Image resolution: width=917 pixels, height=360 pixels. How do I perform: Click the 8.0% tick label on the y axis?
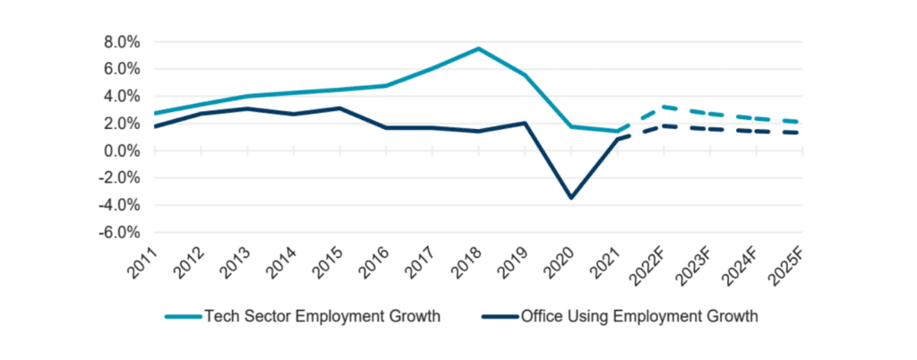(x=123, y=42)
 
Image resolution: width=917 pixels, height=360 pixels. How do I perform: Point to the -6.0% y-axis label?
(x=120, y=233)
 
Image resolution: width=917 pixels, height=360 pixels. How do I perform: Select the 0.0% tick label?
(x=123, y=150)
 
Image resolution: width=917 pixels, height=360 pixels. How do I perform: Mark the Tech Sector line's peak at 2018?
(x=478, y=48)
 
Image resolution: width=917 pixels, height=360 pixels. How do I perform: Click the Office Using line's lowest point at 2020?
(x=570, y=198)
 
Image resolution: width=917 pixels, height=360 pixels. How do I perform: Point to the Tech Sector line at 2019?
(x=525, y=75)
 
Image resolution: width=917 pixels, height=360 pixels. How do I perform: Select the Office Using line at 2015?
(x=339, y=108)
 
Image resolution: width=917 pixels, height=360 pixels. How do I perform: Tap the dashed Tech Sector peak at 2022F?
(x=663, y=107)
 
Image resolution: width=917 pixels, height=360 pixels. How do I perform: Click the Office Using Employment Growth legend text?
(x=638, y=316)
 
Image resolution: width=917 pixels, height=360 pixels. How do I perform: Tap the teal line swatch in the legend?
(x=182, y=316)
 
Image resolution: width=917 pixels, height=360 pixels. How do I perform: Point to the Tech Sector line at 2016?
(x=386, y=85)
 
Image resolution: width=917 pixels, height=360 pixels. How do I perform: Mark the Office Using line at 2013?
(x=247, y=108)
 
